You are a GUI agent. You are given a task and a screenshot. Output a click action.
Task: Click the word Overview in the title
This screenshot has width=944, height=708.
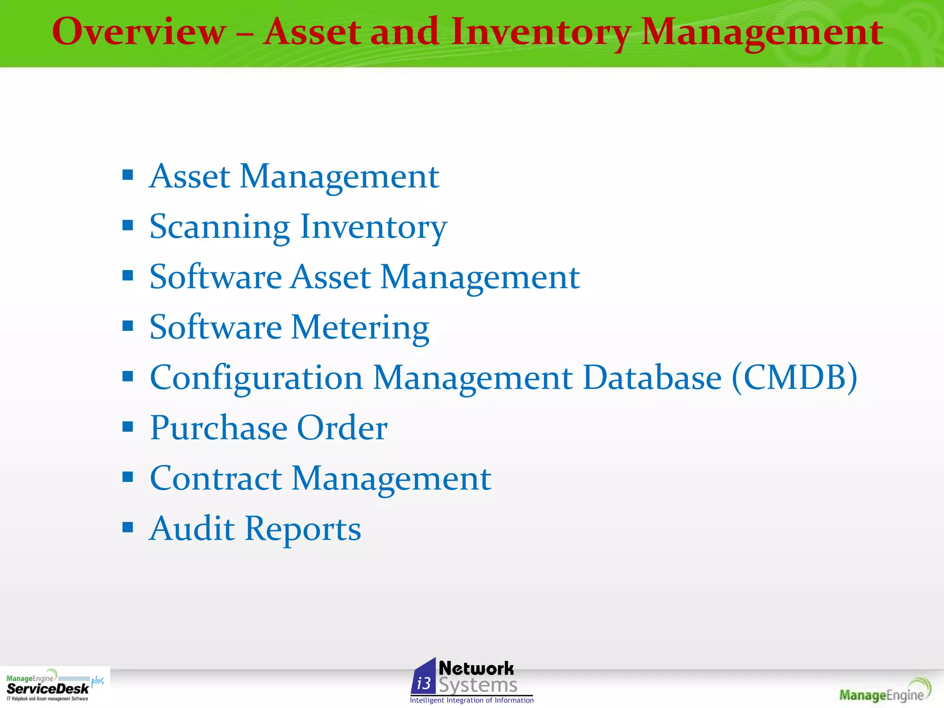point(139,32)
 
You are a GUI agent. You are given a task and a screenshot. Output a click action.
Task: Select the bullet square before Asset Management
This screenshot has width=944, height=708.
point(128,175)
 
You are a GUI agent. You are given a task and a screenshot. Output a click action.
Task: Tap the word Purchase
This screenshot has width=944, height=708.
point(218,428)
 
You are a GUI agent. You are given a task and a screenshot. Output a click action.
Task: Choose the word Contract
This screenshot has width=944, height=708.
point(216,478)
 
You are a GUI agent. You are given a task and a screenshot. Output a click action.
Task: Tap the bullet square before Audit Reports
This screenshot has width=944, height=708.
point(128,527)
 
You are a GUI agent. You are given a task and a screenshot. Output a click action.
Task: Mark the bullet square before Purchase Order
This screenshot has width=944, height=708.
point(128,426)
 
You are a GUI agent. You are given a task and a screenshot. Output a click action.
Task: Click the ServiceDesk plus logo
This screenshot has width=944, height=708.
point(54,686)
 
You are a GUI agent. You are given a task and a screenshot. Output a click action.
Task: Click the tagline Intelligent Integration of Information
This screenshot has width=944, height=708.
point(472,701)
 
